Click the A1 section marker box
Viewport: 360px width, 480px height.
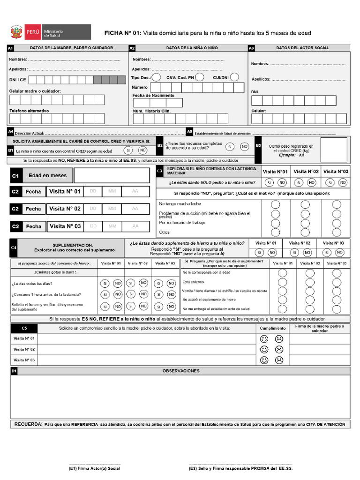(x=10, y=48)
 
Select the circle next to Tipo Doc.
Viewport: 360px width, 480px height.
(x=157, y=77)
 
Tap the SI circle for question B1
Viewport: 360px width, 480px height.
(x=127, y=150)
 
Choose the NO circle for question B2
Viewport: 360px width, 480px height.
(x=244, y=147)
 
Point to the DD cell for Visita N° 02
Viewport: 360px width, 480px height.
(x=93, y=209)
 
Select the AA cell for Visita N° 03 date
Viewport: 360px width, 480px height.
(x=135, y=226)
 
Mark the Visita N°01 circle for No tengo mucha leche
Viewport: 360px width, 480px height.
(x=275, y=204)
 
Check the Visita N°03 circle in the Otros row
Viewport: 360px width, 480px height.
(x=337, y=232)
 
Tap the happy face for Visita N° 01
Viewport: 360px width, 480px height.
(x=264, y=338)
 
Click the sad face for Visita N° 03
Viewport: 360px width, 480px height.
(x=279, y=360)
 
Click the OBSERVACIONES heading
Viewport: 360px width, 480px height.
(x=181, y=371)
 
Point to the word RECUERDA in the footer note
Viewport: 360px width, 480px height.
(x=28, y=424)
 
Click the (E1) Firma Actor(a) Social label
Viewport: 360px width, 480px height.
(x=94, y=468)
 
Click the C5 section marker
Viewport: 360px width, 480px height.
(x=24, y=328)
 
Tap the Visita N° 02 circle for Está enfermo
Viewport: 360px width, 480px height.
(x=305, y=282)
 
